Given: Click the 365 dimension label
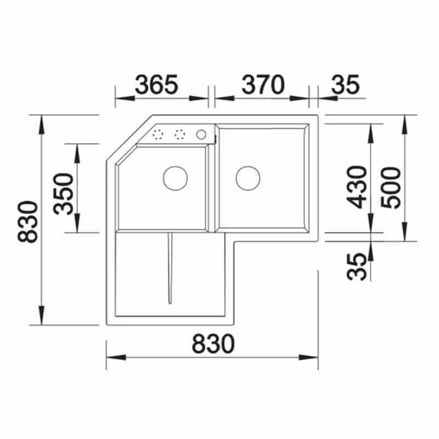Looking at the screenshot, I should [157, 85].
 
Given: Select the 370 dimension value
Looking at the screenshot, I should [263, 85].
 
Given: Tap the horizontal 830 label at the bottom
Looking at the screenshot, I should [213, 344].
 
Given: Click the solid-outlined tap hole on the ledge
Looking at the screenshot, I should [201, 134].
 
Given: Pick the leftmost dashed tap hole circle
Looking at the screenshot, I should [159, 134].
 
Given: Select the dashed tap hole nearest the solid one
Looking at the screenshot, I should [179, 134].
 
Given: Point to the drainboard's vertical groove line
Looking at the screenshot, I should [170, 267].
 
